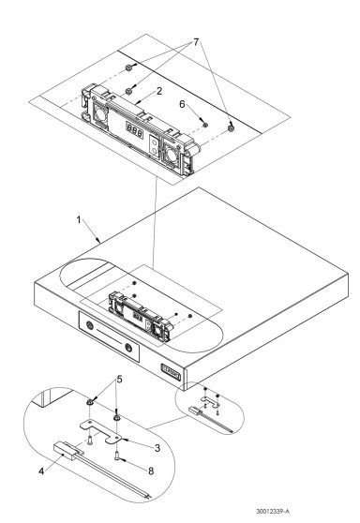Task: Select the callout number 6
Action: pyautogui.click(x=184, y=107)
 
